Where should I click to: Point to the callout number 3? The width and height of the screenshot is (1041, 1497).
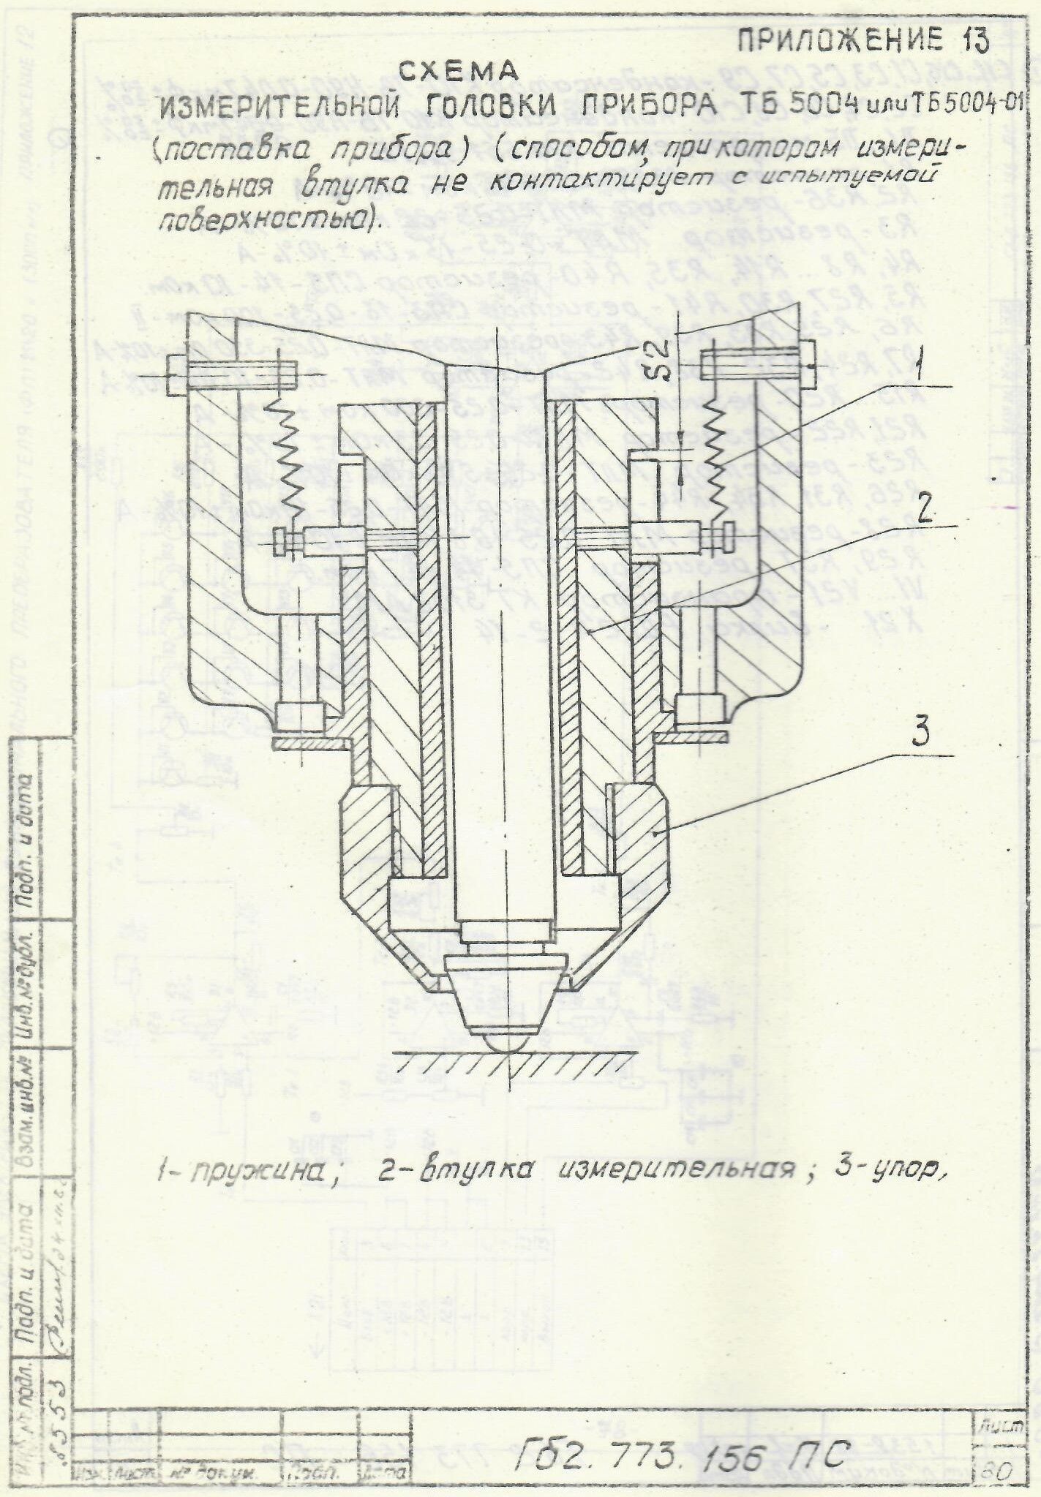920,733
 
